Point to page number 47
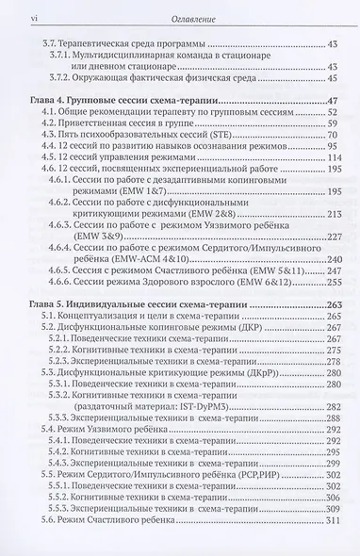333,102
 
